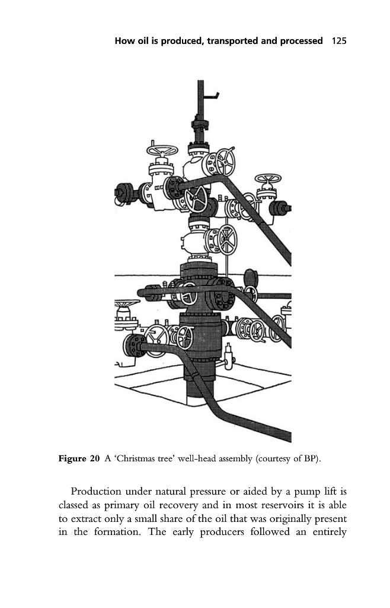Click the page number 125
point(339,41)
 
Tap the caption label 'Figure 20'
point(79,459)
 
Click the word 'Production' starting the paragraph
point(96,492)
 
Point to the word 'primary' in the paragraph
point(122,506)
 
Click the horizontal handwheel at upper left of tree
point(162,150)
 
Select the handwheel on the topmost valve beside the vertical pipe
point(225,161)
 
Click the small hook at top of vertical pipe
point(212,95)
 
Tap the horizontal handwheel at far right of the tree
point(268,178)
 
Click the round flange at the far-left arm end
point(124,192)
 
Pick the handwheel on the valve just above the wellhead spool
point(227,240)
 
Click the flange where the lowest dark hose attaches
point(133,345)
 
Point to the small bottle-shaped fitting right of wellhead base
point(229,356)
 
